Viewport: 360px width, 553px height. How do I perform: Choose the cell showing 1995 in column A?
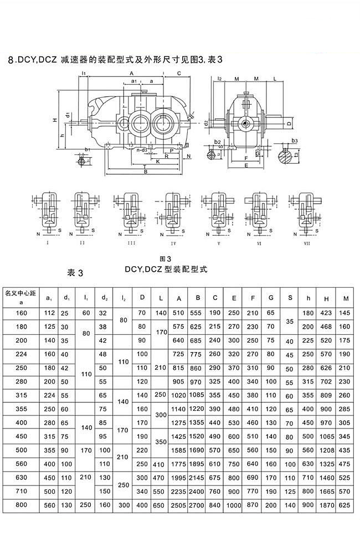[x=179, y=477]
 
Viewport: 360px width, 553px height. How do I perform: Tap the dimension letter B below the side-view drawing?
[x=145, y=172]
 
